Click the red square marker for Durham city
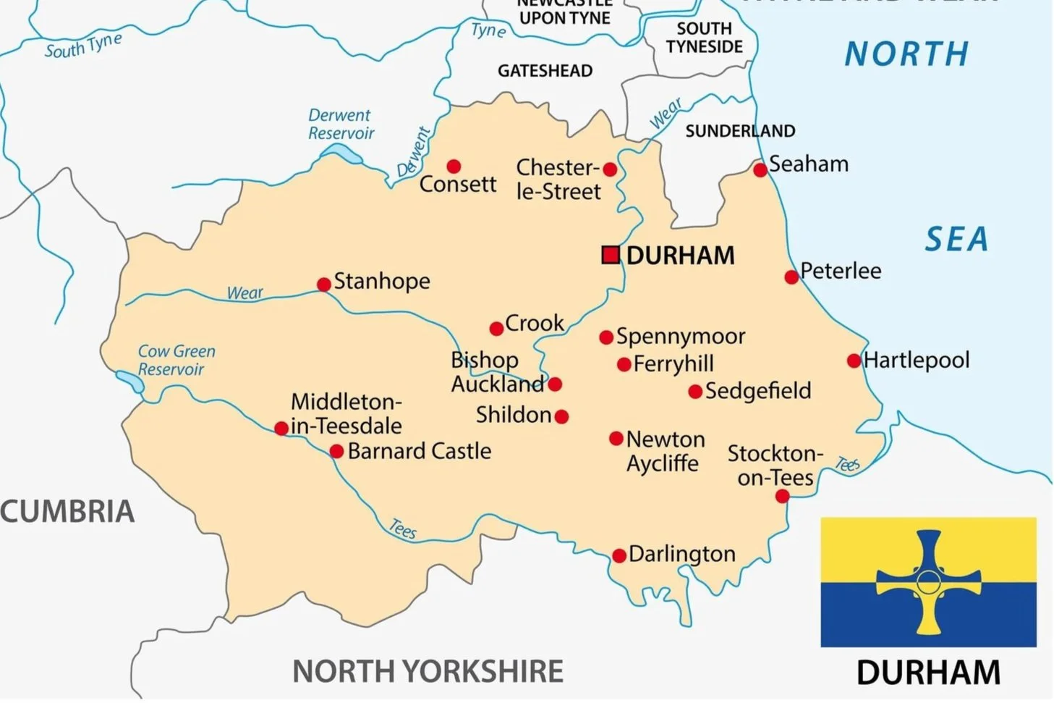tap(611, 255)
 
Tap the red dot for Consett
tap(454, 167)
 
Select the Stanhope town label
tap(382, 281)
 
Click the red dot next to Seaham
tap(760, 170)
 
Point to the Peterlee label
tap(841, 271)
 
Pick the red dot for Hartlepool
tap(854, 361)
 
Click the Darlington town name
tap(681, 554)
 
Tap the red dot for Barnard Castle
tap(336, 452)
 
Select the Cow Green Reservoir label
tap(176, 360)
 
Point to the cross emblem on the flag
tap(928, 581)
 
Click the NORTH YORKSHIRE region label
tap(428, 671)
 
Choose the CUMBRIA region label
tap(67, 511)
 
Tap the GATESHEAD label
tap(545, 71)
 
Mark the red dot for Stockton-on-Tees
tap(782, 496)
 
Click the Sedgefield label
tap(757, 391)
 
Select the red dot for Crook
tap(496, 329)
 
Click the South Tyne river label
tap(83, 46)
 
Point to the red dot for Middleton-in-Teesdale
tap(281, 429)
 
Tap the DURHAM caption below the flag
tap(928, 673)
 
